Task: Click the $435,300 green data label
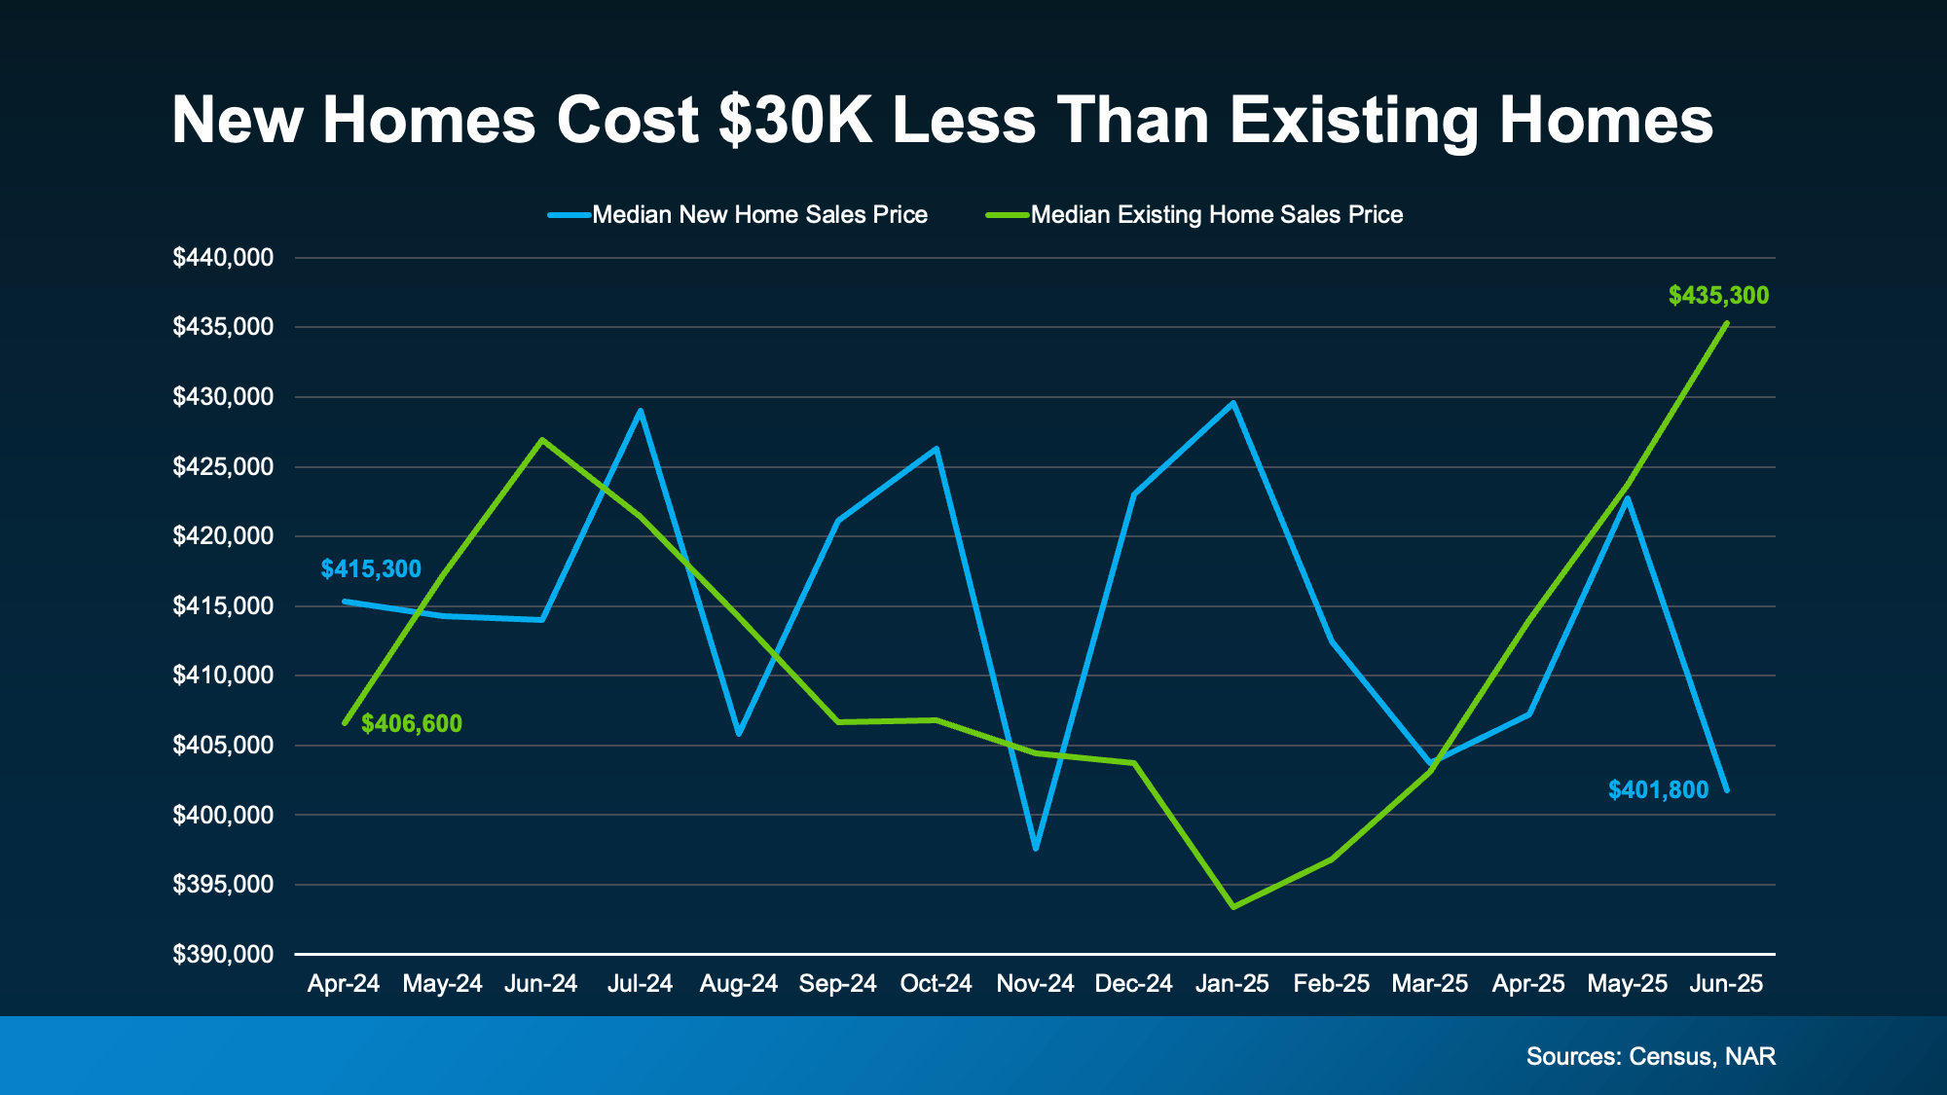(1718, 296)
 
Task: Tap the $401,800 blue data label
(1658, 790)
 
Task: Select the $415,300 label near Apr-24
(371, 569)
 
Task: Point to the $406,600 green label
(412, 724)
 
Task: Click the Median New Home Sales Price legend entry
(759, 215)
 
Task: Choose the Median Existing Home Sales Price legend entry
(1216, 215)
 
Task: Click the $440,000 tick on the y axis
(223, 258)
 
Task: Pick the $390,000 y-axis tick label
(223, 955)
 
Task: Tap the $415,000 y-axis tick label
(223, 606)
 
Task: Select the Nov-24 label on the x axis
(1035, 984)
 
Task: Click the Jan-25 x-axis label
(1232, 984)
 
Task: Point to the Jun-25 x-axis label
(1726, 984)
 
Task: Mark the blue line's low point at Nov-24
(1036, 849)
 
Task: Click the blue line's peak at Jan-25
(1233, 403)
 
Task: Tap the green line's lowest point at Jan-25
(1233, 907)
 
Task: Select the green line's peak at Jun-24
(542, 440)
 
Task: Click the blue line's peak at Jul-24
(641, 411)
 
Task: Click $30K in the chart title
(795, 121)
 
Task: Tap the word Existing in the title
(1354, 121)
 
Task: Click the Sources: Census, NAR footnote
(1650, 1057)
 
